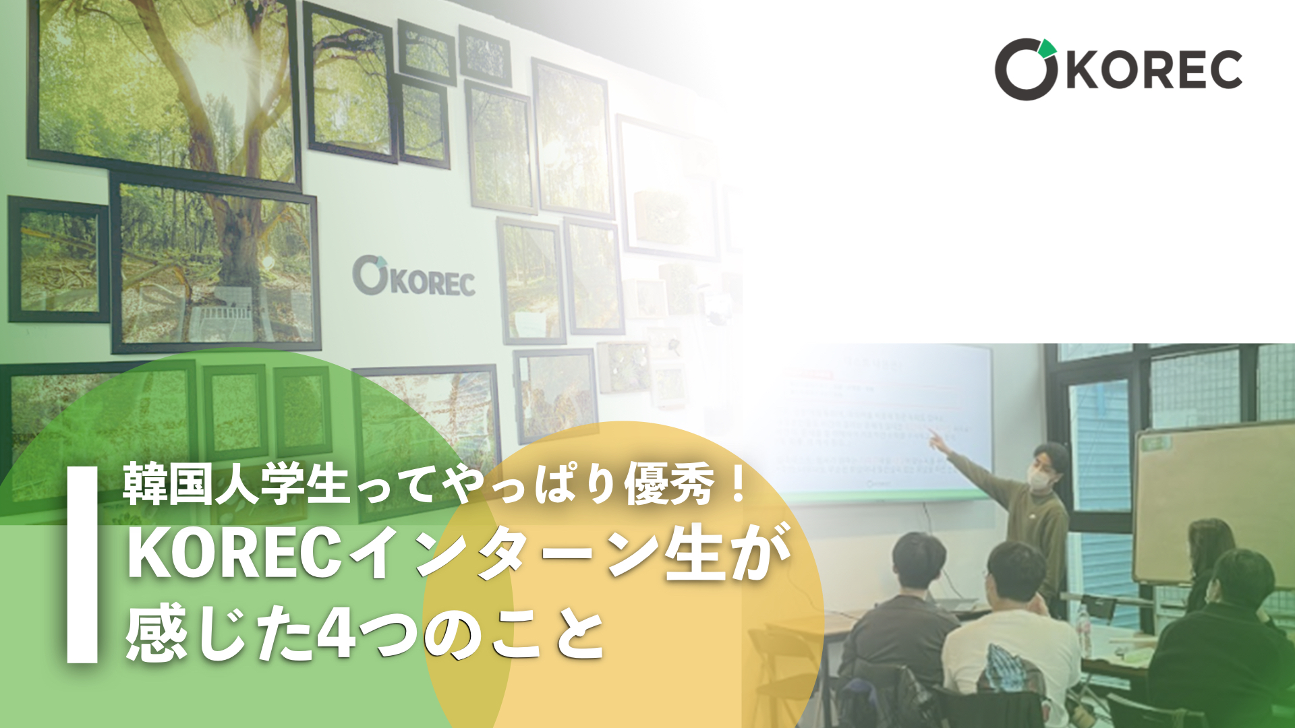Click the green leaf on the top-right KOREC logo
tap(1047, 48)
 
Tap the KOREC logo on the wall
tap(413, 276)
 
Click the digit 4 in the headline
tap(336, 636)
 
